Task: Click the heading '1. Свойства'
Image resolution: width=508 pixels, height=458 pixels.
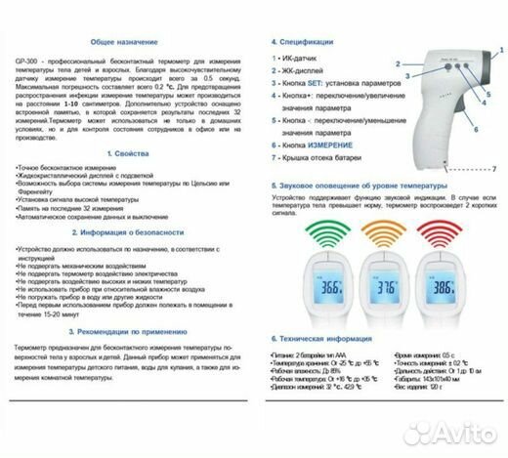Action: pyautogui.click(x=122, y=154)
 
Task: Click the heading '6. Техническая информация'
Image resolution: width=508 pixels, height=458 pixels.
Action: pyautogui.click(x=327, y=337)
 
